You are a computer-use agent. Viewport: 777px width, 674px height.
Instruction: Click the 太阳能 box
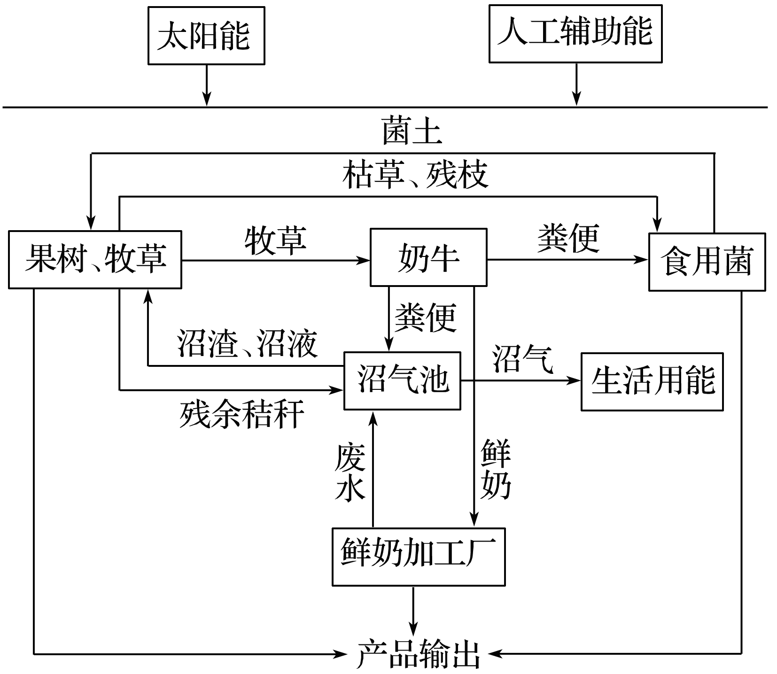tap(206, 35)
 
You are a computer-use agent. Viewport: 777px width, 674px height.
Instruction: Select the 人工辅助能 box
tap(575, 33)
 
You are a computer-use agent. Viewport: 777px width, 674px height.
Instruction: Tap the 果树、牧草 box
tap(95, 259)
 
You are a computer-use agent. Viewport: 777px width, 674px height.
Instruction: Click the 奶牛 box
tap(428, 257)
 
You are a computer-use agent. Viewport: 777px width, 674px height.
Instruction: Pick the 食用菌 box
tap(707, 262)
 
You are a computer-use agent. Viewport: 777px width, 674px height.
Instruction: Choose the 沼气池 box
tap(402, 380)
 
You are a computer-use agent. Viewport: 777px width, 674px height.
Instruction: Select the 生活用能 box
tap(652, 381)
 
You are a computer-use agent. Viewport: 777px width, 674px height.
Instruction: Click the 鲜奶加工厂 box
tap(418, 557)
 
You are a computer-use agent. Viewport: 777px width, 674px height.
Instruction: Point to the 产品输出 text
tap(418, 653)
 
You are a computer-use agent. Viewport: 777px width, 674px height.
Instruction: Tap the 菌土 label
tap(412, 131)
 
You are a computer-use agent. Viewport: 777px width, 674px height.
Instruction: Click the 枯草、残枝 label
tap(415, 175)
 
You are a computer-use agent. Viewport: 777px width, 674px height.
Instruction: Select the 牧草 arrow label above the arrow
tap(276, 240)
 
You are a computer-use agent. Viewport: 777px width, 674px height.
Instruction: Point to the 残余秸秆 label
tap(241, 414)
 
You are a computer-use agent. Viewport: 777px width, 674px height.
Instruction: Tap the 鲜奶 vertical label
tap(496, 469)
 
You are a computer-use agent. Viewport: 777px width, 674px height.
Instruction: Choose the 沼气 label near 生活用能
tap(522, 359)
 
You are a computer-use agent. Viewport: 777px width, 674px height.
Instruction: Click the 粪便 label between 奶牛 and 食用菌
tap(568, 238)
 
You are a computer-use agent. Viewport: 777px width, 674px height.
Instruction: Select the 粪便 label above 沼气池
tap(426, 318)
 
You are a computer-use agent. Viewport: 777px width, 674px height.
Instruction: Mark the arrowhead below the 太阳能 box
tap(206, 100)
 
